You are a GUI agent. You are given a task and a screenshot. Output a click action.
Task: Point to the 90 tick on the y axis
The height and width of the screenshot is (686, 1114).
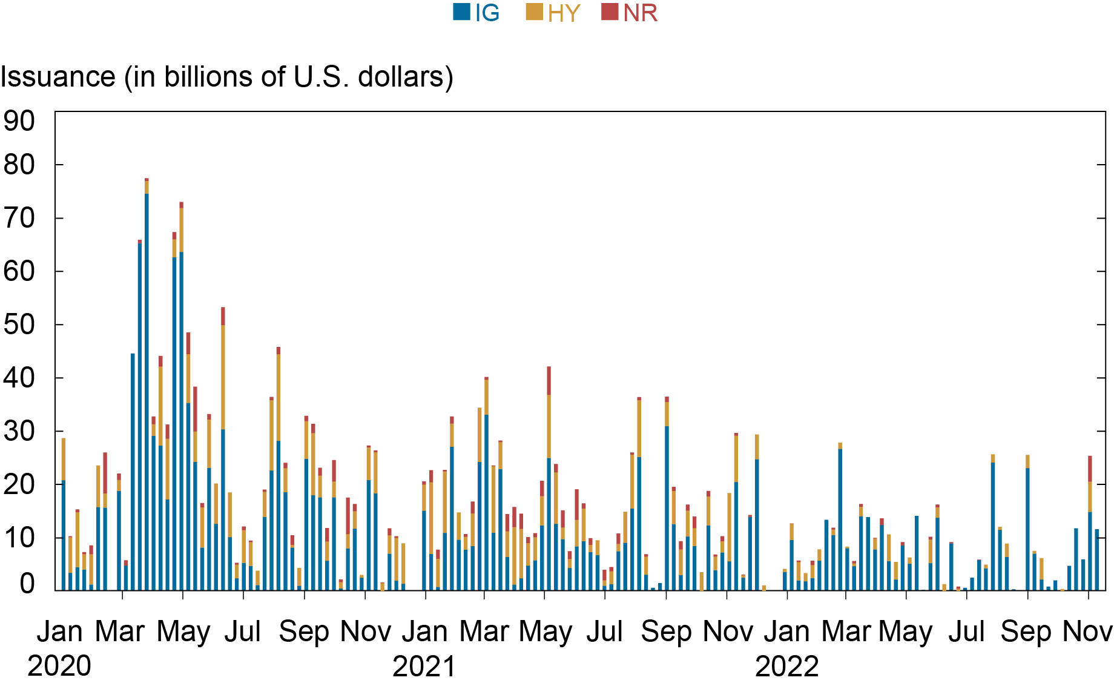tap(19, 121)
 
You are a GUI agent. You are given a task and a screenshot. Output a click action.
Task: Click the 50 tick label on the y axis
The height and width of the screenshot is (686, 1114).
tap(19, 325)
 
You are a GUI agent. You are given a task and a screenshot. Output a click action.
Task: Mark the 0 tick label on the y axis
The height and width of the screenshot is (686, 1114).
tap(27, 584)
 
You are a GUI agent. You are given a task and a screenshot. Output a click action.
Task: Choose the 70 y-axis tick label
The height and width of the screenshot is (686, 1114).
tap(19, 218)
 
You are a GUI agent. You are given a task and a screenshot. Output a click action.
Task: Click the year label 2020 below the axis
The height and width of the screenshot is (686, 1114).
tap(59, 667)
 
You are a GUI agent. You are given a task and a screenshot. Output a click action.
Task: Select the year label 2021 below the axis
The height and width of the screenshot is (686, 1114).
tap(424, 667)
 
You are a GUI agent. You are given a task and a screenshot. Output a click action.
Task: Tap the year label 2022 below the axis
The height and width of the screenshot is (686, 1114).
tap(786, 667)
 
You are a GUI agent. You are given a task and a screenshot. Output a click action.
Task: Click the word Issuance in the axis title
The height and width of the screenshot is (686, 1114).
tap(58, 78)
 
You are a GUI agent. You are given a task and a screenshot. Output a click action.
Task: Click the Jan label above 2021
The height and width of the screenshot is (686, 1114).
tap(424, 632)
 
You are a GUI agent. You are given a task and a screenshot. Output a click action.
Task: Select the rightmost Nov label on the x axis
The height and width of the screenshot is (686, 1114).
tap(1087, 632)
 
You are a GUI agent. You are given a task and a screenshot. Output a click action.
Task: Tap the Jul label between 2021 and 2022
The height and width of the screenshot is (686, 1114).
tap(605, 632)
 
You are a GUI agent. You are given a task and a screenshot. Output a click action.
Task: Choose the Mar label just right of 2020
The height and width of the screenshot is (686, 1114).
tap(120, 632)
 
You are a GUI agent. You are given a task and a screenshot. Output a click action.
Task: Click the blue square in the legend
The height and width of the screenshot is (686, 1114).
tap(461, 12)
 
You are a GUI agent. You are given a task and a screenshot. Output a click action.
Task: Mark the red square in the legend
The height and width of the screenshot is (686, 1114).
tap(610, 12)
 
